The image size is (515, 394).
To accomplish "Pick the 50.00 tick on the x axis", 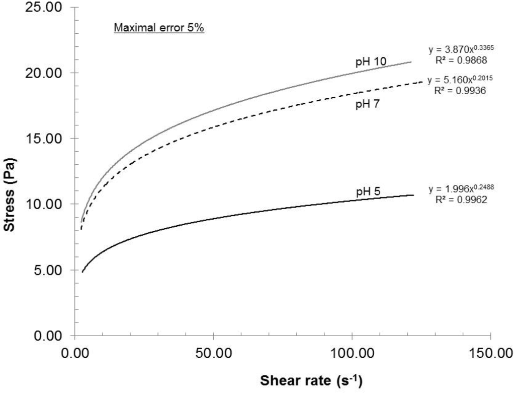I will [213, 351].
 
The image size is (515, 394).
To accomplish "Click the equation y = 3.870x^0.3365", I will [458, 50].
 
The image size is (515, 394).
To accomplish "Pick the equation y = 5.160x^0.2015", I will [456, 80].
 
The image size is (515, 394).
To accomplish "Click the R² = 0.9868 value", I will [460, 60].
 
